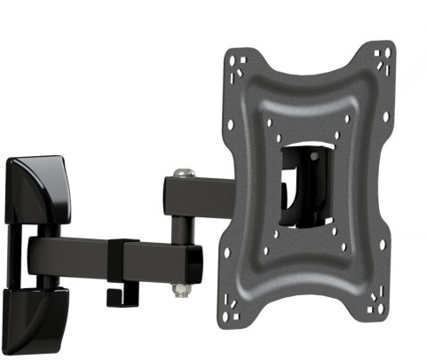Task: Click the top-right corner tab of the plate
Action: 384,55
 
